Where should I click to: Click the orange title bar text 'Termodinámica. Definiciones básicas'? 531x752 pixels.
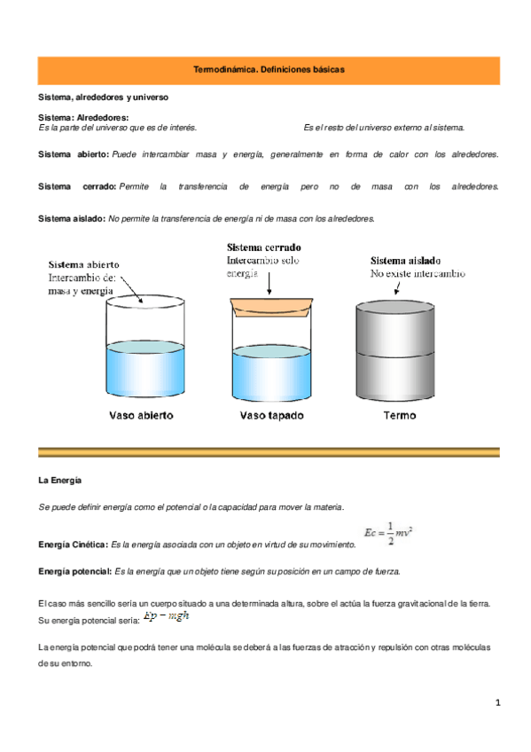pos(269,69)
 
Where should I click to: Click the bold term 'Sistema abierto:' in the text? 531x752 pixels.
pos(74,154)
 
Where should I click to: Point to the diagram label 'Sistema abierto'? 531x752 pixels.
pos(84,263)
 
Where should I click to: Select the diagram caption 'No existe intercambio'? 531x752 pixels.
pos(417,275)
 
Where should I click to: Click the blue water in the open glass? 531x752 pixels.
pos(145,372)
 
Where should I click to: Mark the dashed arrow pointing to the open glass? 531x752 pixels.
pos(131,289)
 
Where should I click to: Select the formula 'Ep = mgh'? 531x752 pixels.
pos(167,616)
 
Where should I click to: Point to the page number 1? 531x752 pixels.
pos(498,703)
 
